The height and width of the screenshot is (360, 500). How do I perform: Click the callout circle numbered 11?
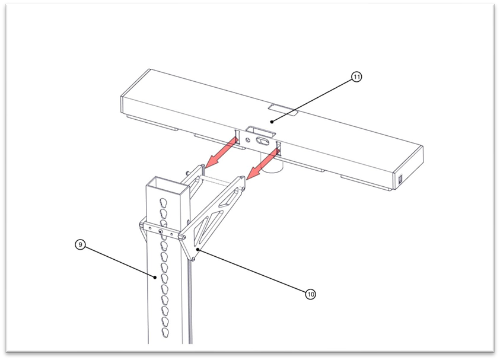[x=356, y=77]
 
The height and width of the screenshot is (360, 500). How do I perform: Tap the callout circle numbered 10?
[x=310, y=294]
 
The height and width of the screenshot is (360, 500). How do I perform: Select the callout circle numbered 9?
[x=80, y=244]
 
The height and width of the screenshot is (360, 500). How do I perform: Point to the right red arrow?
[x=264, y=164]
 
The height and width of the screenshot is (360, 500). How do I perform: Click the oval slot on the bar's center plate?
[x=262, y=141]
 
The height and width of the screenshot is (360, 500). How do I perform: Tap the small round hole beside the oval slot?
[x=248, y=139]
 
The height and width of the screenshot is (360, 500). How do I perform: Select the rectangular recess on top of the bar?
[x=283, y=109]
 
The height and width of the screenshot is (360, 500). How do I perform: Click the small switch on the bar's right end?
[x=400, y=179]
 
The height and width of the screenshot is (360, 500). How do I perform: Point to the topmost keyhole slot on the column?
[x=164, y=202]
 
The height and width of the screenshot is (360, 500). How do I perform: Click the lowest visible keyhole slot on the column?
[x=165, y=332]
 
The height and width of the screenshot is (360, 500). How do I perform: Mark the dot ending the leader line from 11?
[x=272, y=122]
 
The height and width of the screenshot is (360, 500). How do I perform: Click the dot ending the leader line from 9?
[x=155, y=278]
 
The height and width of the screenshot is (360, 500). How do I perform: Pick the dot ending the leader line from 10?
[x=198, y=249]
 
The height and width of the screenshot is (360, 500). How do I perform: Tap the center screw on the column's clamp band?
[x=161, y=231]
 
